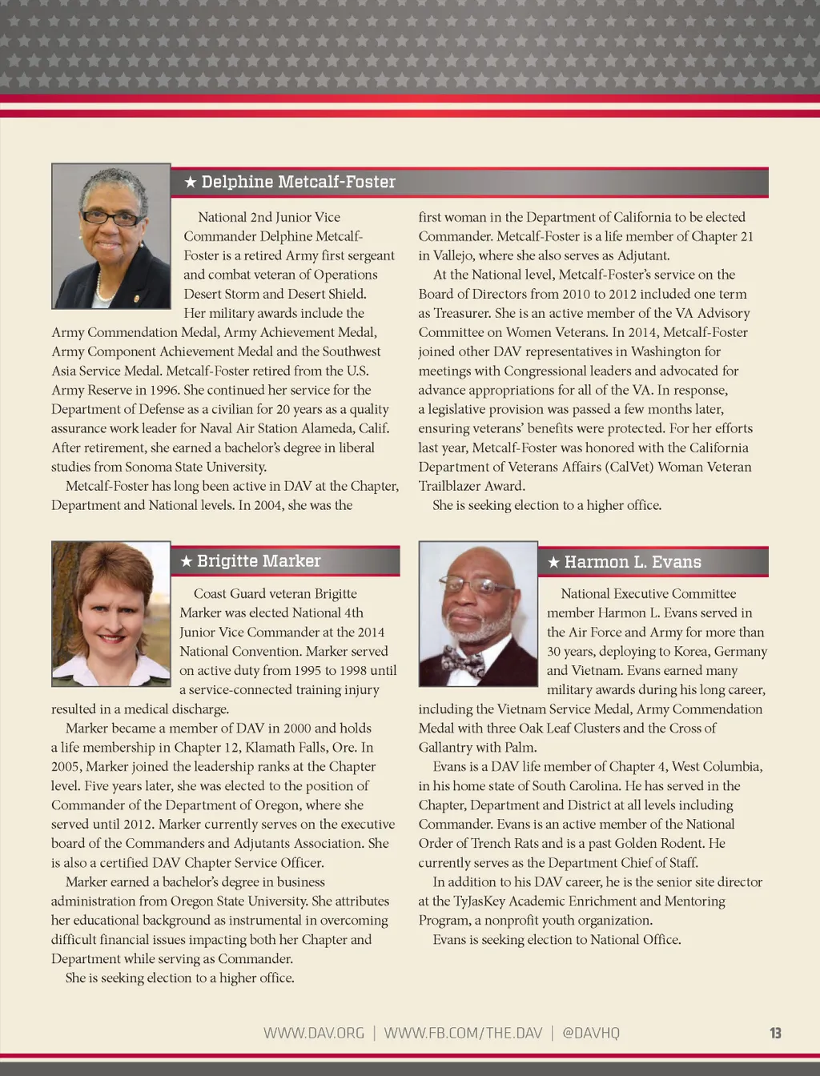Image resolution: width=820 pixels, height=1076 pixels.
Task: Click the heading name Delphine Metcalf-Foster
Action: point(298,183)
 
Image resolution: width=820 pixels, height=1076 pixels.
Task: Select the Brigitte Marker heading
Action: point(259,561)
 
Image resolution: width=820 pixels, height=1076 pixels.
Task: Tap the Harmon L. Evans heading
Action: point(633,562)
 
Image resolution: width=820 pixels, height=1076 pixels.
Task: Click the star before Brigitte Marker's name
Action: point(186,561)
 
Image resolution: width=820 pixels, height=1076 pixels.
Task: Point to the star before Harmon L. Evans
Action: point(553,562)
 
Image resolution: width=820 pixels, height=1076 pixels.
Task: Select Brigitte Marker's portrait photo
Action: point(111,613)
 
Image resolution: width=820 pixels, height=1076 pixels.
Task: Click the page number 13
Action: point(775,1033)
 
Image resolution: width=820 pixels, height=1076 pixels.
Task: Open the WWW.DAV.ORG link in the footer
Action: point(314,1033)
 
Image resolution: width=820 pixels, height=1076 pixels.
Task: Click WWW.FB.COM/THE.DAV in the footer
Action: point(463,1033)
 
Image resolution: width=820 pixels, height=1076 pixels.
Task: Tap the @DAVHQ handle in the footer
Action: point(591,1033)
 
